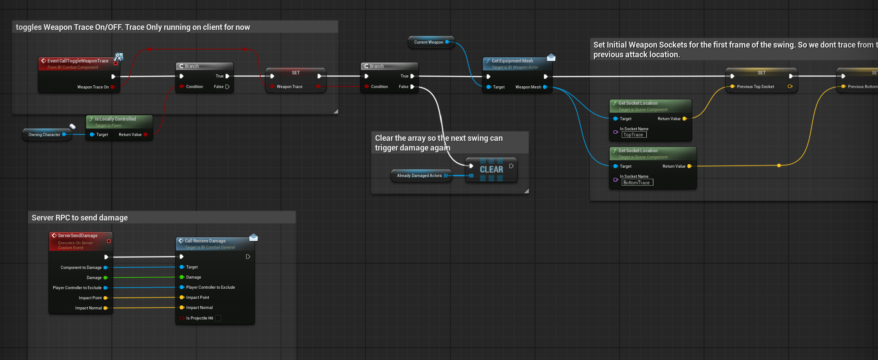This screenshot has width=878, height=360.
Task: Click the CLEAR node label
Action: point(491,169)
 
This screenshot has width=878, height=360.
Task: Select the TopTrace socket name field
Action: point(634,135)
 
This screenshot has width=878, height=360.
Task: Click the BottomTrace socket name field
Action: point(637,183)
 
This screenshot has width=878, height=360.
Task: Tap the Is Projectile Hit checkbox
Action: point(218,318)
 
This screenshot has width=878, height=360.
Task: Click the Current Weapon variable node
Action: point(429,42)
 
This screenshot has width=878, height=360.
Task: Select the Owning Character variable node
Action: point(44,135)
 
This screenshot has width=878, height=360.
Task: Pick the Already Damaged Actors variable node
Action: point(419,176)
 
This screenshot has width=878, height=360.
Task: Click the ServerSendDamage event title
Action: point(78,236)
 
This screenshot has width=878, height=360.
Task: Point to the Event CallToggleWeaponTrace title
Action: point(78,61)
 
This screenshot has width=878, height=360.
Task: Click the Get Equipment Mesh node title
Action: point(512,61)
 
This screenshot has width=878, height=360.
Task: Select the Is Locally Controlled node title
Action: point(115,119)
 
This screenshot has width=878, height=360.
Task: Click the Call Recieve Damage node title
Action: point(205,241)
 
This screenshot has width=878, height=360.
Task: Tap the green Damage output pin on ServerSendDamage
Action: point(106,278)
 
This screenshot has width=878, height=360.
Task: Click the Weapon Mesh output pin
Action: point(545,87)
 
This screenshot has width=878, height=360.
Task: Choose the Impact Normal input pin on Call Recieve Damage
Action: point(182,308)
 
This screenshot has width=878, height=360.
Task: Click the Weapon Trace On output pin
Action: point(113,87)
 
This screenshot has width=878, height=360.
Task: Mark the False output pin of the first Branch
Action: point(227,87)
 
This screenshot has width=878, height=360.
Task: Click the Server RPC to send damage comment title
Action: point(80,218)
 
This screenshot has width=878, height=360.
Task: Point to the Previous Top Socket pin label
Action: point(755,87)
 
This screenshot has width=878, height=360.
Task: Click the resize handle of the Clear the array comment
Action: point(527,191)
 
